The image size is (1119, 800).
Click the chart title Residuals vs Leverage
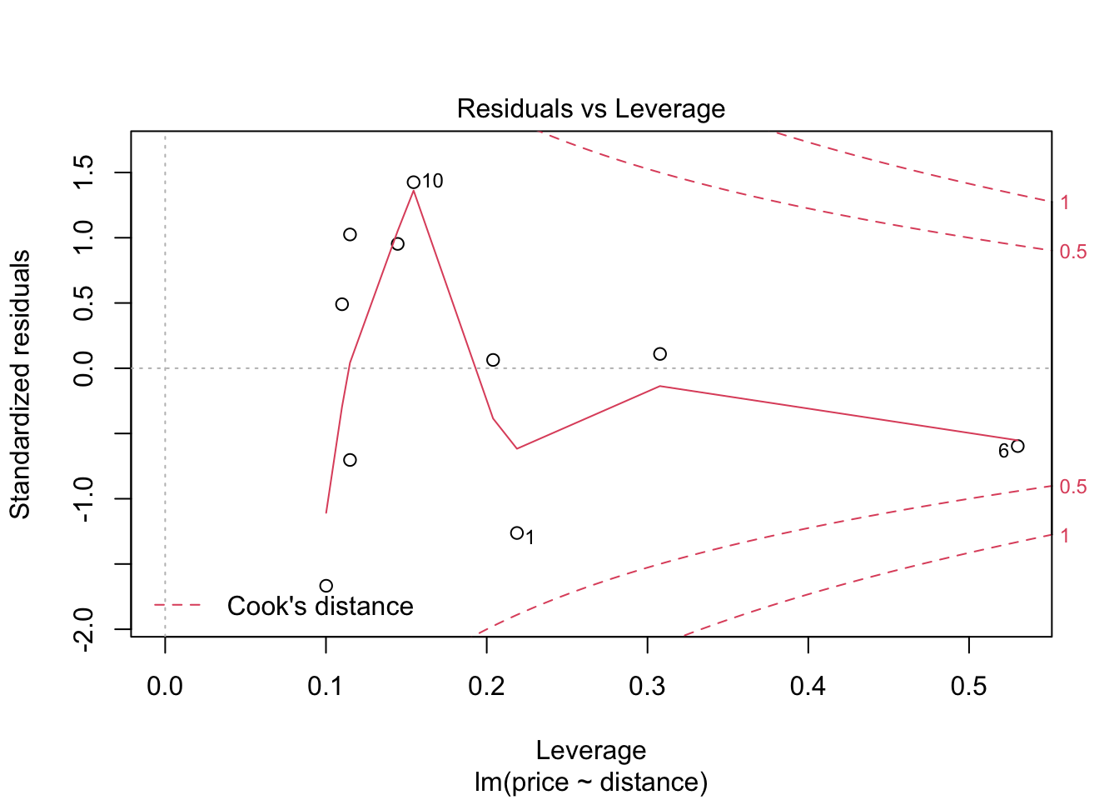coord(591,109)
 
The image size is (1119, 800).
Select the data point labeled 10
coord(414,182)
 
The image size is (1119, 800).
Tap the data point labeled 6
coord(1017,446)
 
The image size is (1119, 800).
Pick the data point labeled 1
coord(517,533)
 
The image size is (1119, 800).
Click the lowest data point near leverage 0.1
coord(326,586)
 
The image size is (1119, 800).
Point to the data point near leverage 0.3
coord(660,354)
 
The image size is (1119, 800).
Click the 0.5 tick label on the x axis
coord(969,687)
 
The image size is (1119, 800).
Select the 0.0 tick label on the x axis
coord(165,687)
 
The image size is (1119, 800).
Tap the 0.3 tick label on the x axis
coord(648,687)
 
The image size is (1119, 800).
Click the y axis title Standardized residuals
coord(20,383)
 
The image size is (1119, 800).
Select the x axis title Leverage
coord(591,751)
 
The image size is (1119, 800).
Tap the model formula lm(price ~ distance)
coord(591,782)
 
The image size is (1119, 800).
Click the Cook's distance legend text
coord(320,606)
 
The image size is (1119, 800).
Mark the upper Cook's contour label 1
coord(1065,202)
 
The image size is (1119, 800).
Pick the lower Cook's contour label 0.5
coord(1073,487)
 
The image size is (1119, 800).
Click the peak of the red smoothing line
coord(414,191)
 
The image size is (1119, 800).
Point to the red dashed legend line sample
coord(177,605)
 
